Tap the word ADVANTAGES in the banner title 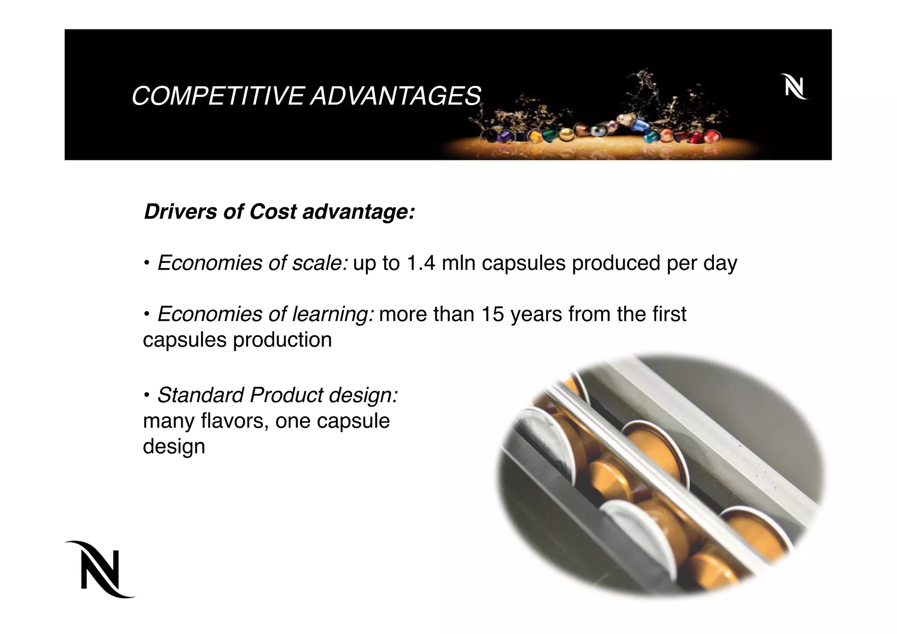click(x=396, y=96)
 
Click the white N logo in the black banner click(x=793, y=87)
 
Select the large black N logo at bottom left click(x=101, y=569)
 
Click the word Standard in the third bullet click(x=201, y=395)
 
